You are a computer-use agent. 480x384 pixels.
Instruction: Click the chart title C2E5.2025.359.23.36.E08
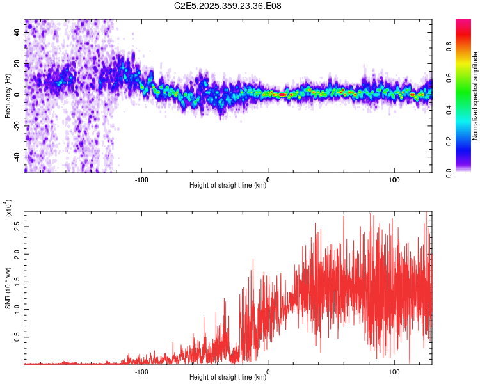point(228,6)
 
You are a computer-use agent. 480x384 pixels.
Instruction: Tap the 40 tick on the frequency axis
point(17,31)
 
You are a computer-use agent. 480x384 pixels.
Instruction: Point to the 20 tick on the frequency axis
point(17,63)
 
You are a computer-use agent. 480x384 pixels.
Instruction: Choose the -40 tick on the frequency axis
point(16,157)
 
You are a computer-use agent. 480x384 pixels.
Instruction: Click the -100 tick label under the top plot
point(141,179)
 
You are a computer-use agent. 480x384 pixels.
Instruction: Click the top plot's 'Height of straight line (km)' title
point(228,186)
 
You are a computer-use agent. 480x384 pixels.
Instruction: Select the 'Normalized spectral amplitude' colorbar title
point(475,96)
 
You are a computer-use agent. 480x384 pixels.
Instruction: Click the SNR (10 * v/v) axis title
point(8,288)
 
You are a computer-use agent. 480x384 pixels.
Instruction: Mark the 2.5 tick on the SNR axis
point(16,226)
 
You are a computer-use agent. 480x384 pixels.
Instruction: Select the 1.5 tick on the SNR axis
point(16,282)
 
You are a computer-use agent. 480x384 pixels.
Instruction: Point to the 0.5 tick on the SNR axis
point(16,337)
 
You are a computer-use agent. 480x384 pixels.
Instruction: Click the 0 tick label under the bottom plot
point(268,371)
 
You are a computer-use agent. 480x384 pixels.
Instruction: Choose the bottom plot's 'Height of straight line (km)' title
point(228,378)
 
